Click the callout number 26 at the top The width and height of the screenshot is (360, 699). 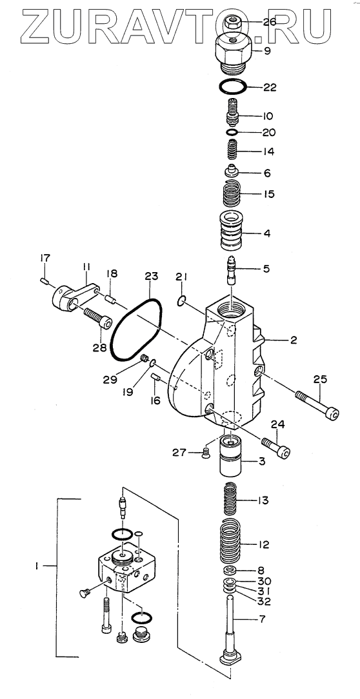pos(269,22)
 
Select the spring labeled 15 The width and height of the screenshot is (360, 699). pos(232,193)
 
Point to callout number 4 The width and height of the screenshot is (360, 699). pos(266,233)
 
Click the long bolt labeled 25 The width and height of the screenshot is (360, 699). pos(317,405)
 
